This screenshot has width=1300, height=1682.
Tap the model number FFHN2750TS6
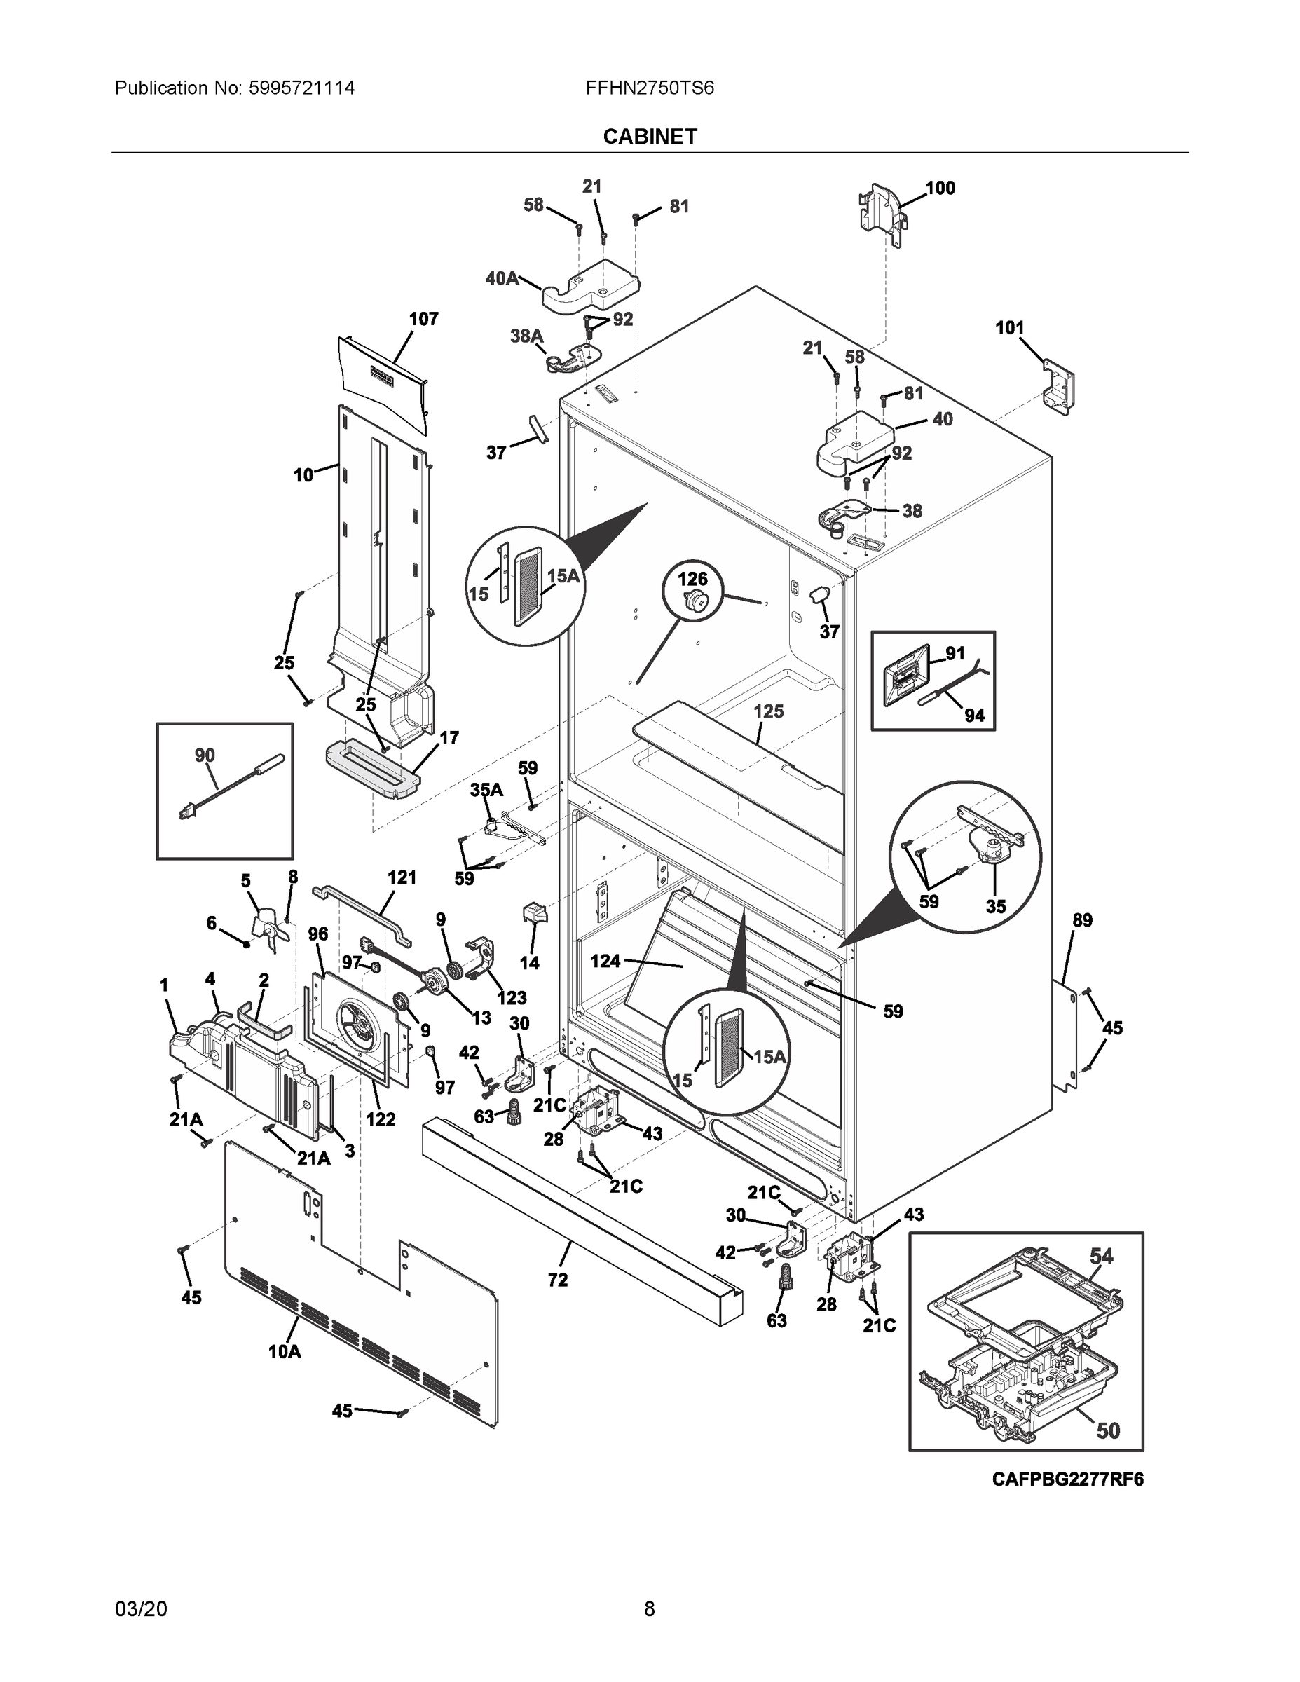point(649,88)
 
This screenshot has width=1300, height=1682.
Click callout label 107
point(423,319)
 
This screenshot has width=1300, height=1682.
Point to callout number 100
point(940,188)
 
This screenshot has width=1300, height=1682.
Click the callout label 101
point(1009,328)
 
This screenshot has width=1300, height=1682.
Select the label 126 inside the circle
point(692,579)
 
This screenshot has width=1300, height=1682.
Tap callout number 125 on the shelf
point(768,711)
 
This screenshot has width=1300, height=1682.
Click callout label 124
point(605,961)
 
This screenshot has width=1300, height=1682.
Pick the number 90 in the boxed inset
point(204,755)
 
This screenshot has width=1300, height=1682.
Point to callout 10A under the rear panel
point(285,1350)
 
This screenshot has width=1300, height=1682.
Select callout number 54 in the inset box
point(1100,1256)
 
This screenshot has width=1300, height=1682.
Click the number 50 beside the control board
point(1107,1430)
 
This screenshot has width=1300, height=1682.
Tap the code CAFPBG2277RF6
point(1067,1479)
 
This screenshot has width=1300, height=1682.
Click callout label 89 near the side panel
point(1082,919)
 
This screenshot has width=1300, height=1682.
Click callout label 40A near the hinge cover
point(501,278)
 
